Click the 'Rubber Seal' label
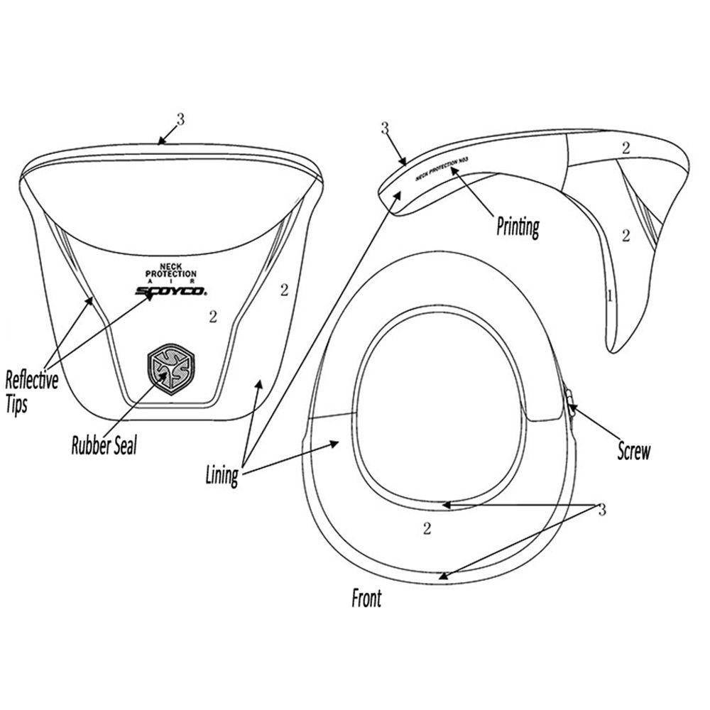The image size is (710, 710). pyautogui.click(x=104, y=445)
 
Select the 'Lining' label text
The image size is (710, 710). pyautogui.click(x=222, y=476)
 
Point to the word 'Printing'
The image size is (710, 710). pyautogui.click(x=518, y=227)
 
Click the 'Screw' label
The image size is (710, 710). pyautogui.click(x=634, y=451)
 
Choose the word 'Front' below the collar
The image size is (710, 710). pyautogui.click(x=366, y=598)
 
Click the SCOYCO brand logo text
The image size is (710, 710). pyautogui.click(x=171, y=291)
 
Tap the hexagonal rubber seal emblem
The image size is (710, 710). pyautogui.click(x=170, y=369)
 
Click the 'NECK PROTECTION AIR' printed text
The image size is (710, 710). pyautogui.click(x=170, y=273)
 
